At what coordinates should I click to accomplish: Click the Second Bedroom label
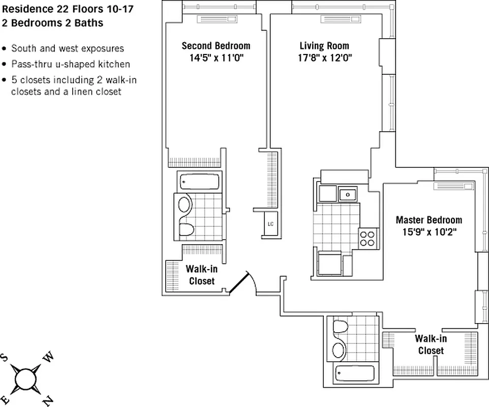[216, 46]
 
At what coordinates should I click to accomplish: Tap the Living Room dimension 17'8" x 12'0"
[324, 57]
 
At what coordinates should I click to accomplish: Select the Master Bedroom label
[429, 220]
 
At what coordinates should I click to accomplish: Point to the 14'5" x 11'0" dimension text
[216, 57]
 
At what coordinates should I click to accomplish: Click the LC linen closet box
[270, 224]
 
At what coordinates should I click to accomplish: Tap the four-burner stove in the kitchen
[368, 238]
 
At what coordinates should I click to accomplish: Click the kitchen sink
[348, 194]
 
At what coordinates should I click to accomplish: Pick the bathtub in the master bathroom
[353, 373]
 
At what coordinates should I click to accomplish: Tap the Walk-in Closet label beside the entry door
[202, 275]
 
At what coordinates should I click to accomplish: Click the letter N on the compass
[47, 400]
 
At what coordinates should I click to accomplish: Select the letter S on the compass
[4, 357]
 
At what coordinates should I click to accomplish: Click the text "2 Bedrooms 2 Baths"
[52, 23]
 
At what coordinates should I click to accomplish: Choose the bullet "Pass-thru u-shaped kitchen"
[71, 64]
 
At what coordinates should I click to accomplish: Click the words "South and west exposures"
[68, 49]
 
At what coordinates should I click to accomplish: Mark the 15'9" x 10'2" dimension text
[429, 232]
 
